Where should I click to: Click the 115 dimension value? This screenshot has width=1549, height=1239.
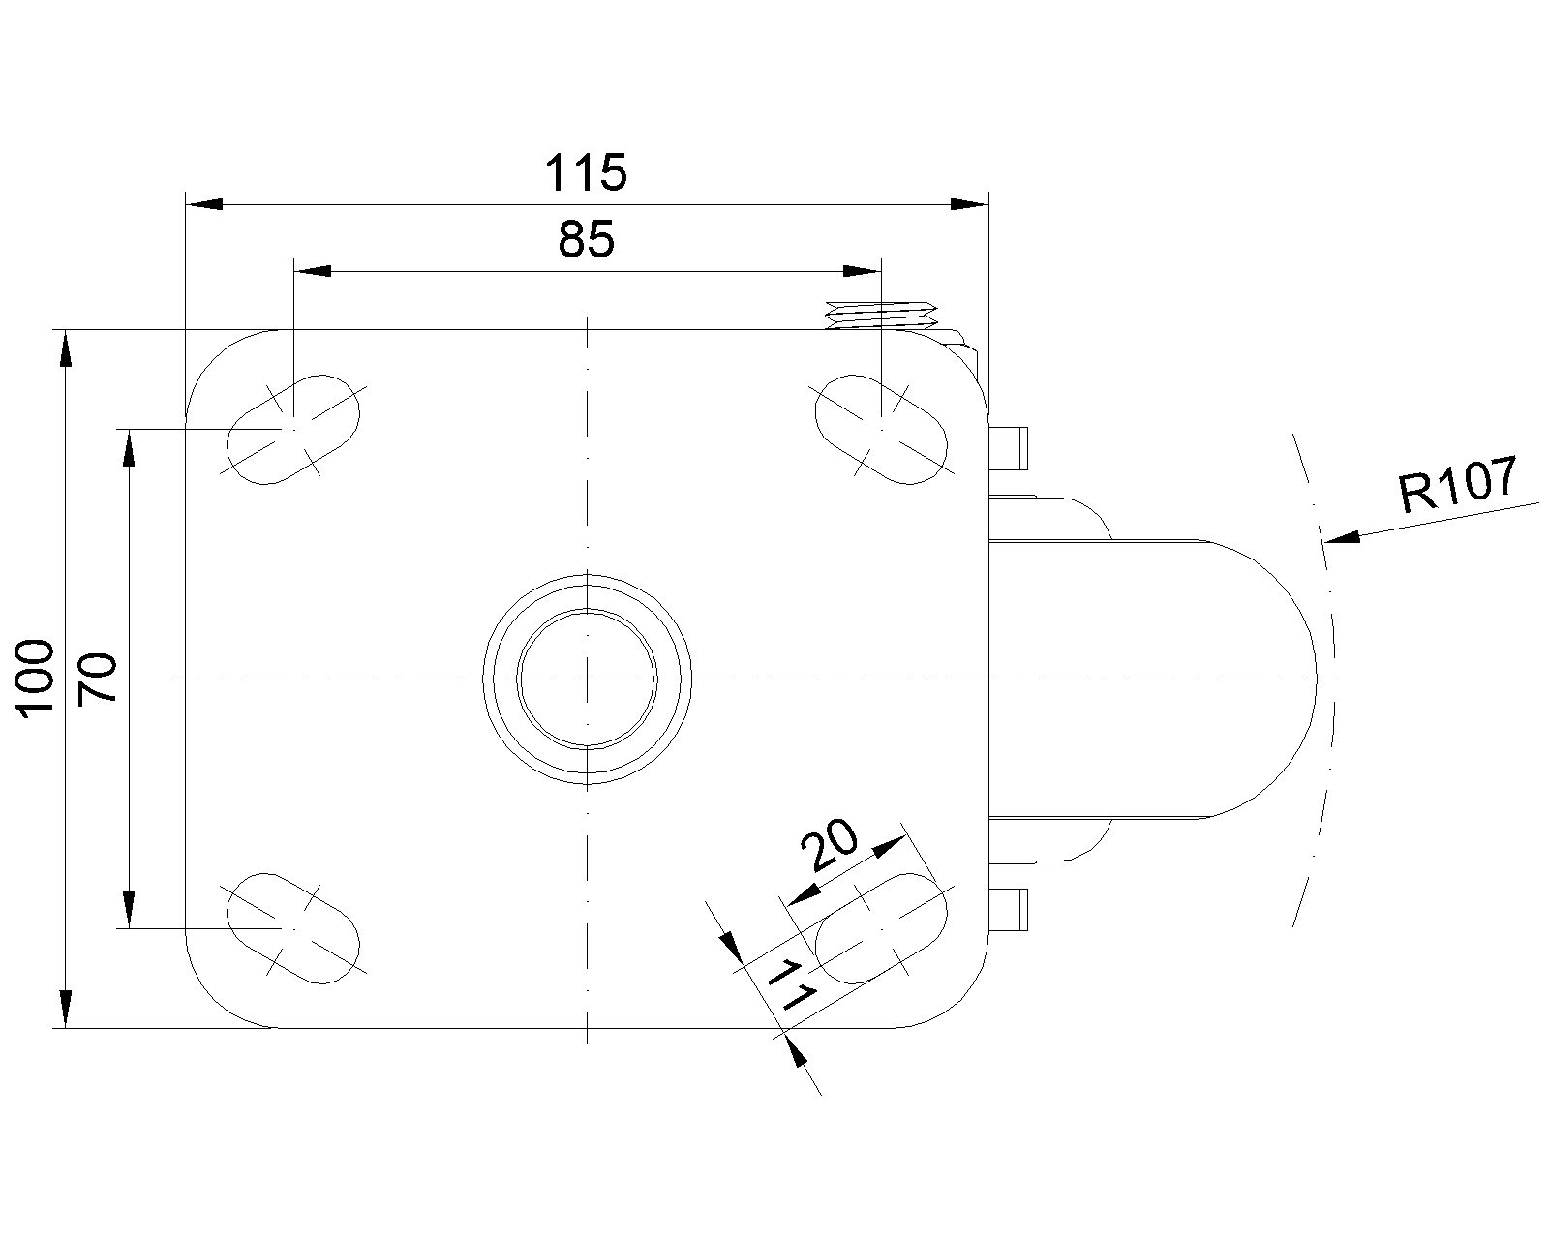(x=586, y=173)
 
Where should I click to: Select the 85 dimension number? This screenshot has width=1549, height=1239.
(x=587, y=240)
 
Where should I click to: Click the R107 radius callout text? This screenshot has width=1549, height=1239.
(x=1458, y=483)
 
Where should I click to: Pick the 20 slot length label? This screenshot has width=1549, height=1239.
(x=830, y=844)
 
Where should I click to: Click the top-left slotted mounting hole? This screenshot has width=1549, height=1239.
(x=293, y=430)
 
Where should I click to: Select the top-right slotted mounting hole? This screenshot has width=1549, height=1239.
(x=881, y=430)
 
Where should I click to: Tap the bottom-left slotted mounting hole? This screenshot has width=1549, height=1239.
(x=293, y=928)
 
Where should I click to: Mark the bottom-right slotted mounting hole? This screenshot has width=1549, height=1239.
(x=881, y=928)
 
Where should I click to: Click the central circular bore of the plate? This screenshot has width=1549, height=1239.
(x=588, y=680)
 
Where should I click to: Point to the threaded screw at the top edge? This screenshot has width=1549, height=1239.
(x=881, y=316)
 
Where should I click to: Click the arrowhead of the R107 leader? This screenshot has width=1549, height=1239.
(x=1342, y=536)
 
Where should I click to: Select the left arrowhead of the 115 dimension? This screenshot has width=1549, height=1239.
(x=203, y=204)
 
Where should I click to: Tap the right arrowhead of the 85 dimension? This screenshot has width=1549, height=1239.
(x=863, y=271)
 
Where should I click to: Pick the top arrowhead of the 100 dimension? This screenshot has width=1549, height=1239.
(x=66, y=348)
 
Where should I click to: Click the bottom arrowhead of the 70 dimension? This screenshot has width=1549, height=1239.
(x=129, y=910)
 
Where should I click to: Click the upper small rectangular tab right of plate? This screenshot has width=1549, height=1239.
(x=1009, y=448)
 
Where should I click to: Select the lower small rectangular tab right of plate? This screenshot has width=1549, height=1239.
(x=1009, y=909)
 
